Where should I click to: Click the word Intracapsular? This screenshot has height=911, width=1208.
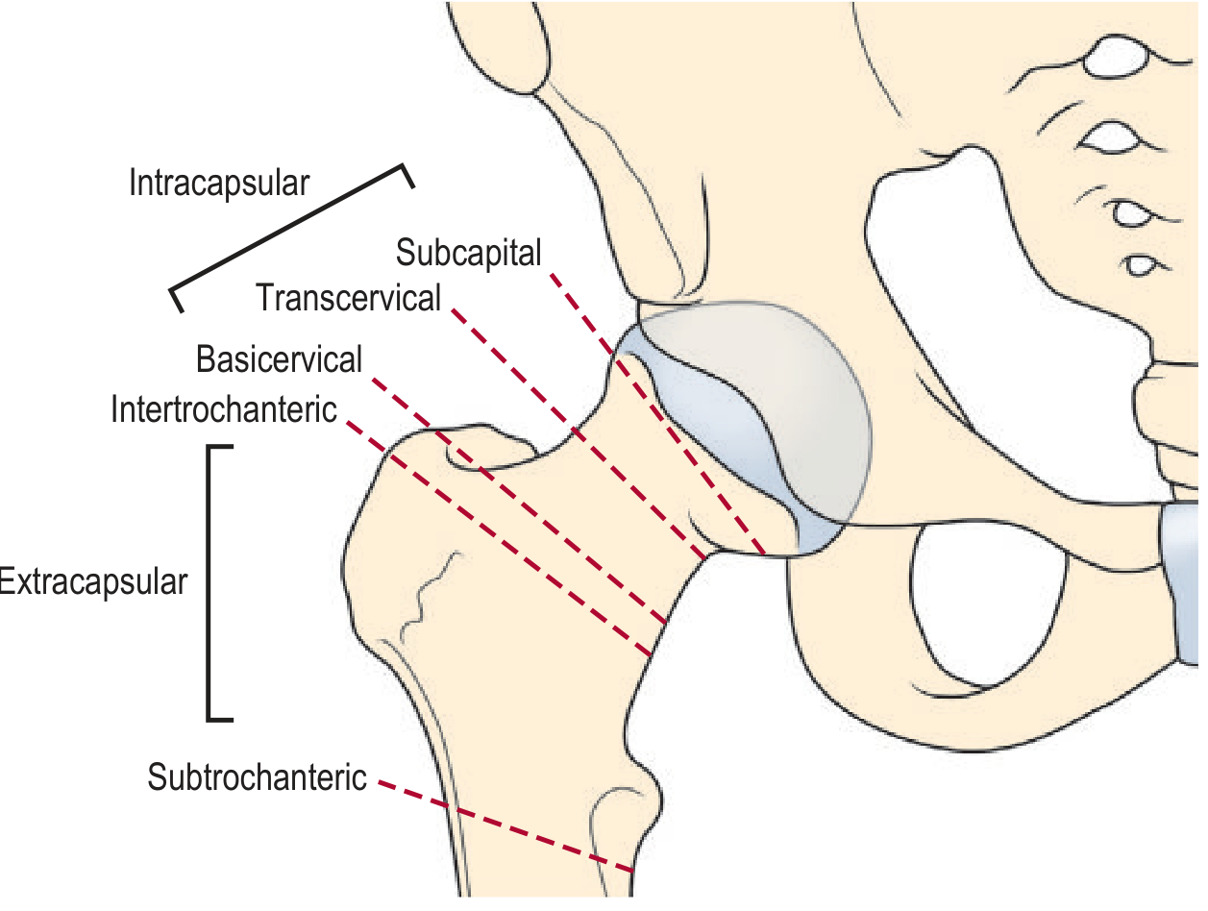pyautogui.click(x=219, y=183)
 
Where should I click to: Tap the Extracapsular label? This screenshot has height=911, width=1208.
pyautogui.click(x=93, y=581)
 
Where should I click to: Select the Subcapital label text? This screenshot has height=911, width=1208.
pyautogui.click(x=469, y=253)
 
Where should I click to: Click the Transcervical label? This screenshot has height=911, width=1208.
pyautogui.click(x=348, y=298)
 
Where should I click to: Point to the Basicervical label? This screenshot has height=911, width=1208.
pyautogui.click(x=279, y=359)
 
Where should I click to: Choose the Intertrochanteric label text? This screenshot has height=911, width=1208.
pyautogui.click(x=224, y=409)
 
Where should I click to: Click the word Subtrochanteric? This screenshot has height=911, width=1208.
pyautogui.click(x=257, y=776)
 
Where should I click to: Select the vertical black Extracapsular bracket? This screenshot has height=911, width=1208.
pyautogui.click(x=210, y=581)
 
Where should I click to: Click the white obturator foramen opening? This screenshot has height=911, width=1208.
pyautogui.click(x=990, y=605)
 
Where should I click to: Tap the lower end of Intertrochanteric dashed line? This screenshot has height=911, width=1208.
pyautogui.click(x=649, y=654)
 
